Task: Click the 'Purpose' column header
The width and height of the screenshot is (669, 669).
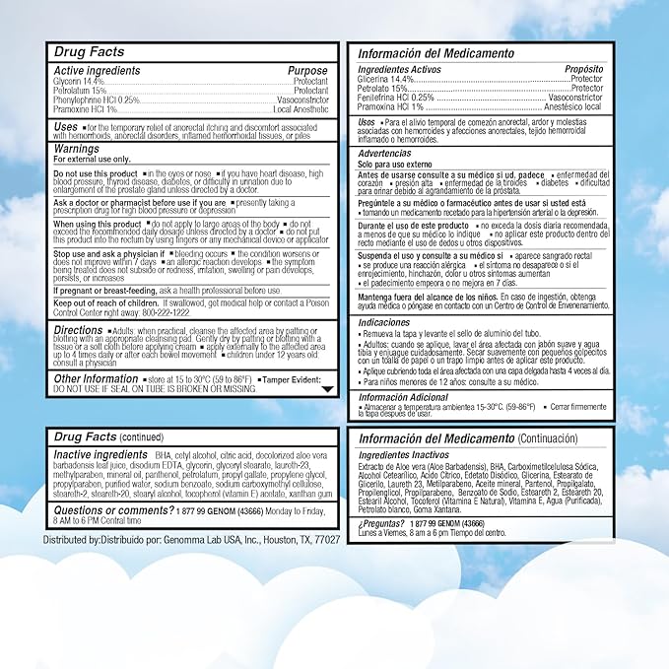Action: coord(306,71)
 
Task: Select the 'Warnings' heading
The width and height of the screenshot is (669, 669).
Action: coord(76,149)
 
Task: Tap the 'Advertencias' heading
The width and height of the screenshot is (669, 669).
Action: coord(384,155)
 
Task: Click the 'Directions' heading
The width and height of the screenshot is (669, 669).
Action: coord(78,330)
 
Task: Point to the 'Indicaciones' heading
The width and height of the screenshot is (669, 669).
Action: coord(383,322)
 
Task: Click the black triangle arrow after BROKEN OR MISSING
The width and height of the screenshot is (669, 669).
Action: coord(327,389)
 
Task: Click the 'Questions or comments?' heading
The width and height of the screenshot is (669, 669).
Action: coord(112,510)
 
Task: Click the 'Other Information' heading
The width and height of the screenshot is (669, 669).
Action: coord(96,378)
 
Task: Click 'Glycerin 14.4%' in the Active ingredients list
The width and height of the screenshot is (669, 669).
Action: coord(78,80)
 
